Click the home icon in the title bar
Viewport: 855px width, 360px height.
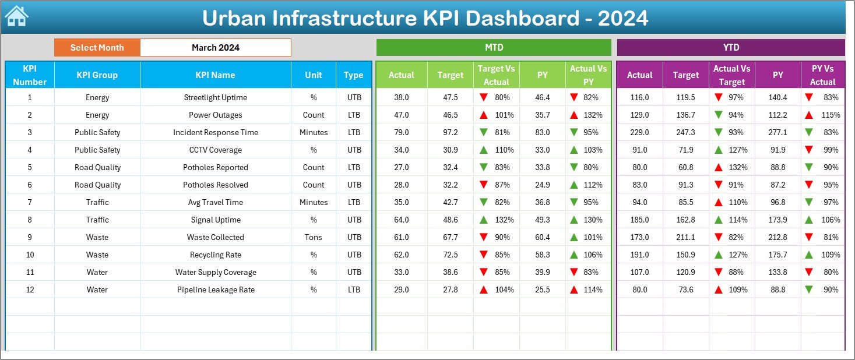coord(16,16)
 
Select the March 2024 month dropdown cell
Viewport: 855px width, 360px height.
coord(216,48)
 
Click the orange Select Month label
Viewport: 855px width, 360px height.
coord(97,48)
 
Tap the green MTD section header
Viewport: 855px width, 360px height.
coord(494,48)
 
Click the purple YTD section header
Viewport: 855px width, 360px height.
coord(730,48)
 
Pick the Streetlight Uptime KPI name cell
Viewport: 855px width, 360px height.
coord(215,97)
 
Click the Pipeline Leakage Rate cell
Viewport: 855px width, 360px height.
coord(215,290)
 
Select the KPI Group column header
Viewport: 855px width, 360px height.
coord(97,75)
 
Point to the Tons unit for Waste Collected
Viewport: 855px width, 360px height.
coord(314,237)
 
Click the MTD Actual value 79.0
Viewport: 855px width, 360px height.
coord(401,132)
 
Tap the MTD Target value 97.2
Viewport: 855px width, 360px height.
coord(450,132)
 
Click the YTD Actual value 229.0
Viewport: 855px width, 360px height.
coord(639,132)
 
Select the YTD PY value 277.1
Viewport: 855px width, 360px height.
coord(777,132)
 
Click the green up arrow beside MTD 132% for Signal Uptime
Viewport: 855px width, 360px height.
coord(484,220)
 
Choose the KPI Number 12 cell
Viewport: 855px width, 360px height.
coord(30,290)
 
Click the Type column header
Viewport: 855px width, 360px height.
coord(353,75)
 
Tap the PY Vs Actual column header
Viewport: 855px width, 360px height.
coord(822,75)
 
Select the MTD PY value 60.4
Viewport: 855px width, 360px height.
coord(542,237)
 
